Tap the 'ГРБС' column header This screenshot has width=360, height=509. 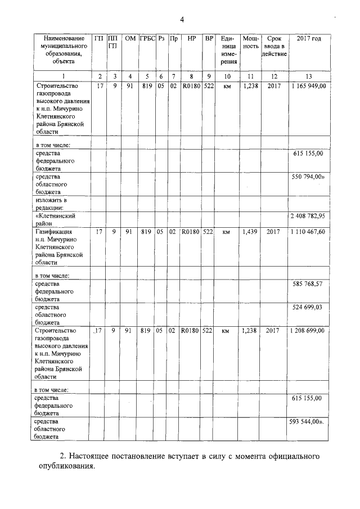tap(147, 39)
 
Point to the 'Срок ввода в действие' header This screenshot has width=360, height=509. tap(274, 46)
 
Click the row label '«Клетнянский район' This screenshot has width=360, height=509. tap(55, 219)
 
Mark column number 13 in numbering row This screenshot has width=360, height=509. tap(308, 76)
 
